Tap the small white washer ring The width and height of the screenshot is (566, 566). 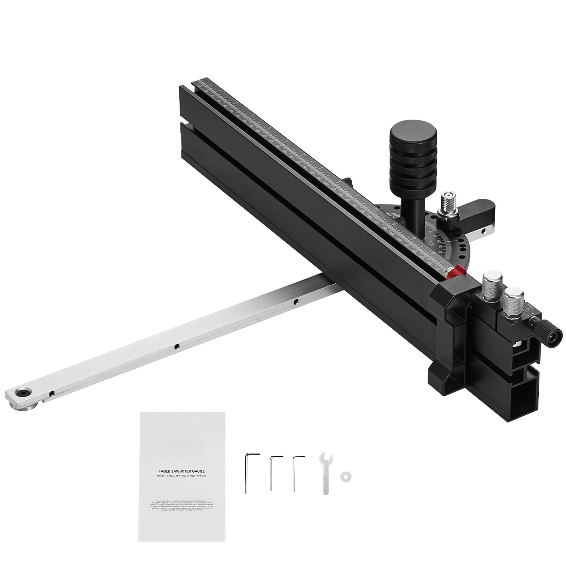(343, 477)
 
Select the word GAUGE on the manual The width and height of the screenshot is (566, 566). (196, 471)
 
